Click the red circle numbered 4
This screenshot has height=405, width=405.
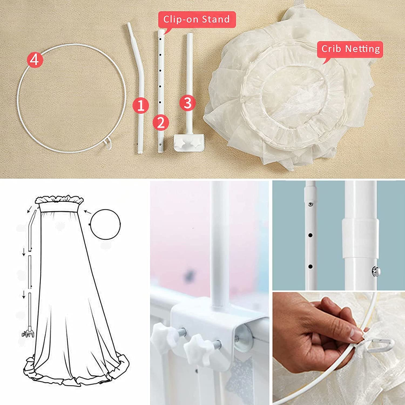click(35, 60)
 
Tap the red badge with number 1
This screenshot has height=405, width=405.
click(140, 105)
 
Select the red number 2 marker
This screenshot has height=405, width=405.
click(161, 123)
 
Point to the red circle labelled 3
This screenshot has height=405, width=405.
click(187, 103)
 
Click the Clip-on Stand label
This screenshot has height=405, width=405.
click(197, 19)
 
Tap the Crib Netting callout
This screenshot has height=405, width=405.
click(350, 49)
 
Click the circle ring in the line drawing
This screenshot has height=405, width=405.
click(106, 224)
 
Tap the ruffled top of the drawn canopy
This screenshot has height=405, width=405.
click(59, 200)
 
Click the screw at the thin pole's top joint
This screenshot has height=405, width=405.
click(310, 204)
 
